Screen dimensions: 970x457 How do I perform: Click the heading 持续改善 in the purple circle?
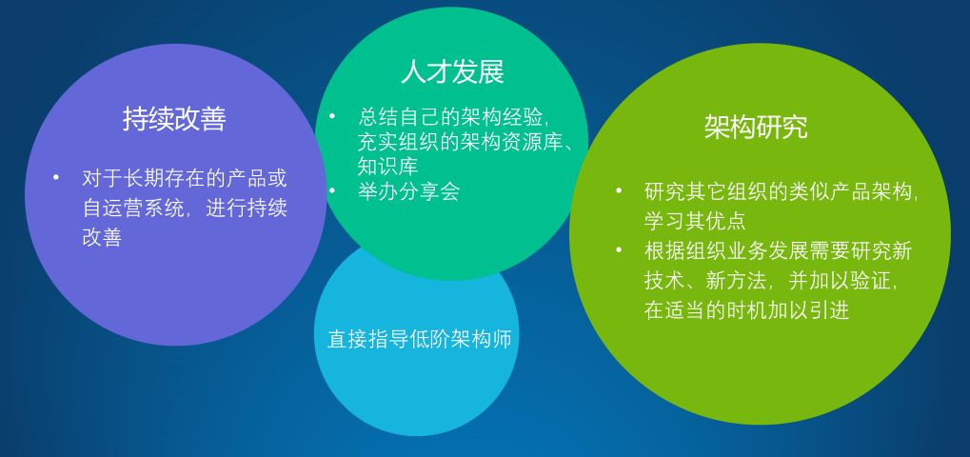[x=174, y=118]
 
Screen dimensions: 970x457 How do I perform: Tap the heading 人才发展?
[x=452, y=71]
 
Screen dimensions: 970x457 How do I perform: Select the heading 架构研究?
[x=756, y=127]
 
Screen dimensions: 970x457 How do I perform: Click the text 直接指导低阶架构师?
[x=420, y=340]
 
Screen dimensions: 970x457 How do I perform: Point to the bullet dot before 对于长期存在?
[x=56, y=178]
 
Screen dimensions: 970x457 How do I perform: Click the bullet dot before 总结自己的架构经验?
[x=332, y=115]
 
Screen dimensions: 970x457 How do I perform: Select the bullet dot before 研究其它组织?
[x=619, y=190]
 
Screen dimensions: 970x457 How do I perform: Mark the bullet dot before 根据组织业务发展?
[x=619, y=250]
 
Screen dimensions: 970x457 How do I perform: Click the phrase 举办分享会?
[x=409, y=191]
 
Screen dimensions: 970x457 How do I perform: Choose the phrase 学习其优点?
[x=695, y=221]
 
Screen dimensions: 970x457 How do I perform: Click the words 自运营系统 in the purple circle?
[x=133, y=209]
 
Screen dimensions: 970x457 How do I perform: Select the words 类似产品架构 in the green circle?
[x=850, y=191]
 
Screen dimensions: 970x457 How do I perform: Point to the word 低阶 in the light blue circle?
[x=429, y=340]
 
